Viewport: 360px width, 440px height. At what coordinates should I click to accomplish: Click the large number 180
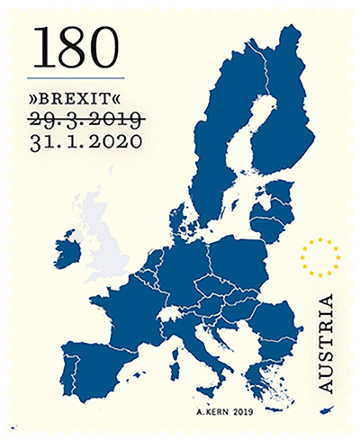[x=77, y=46]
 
